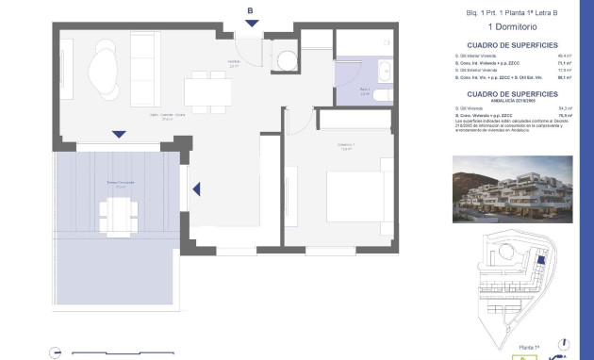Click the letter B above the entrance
251,11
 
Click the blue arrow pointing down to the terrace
118,134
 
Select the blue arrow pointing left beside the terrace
197,189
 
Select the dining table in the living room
208,91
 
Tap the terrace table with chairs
118,216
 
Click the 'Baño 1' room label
364,90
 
